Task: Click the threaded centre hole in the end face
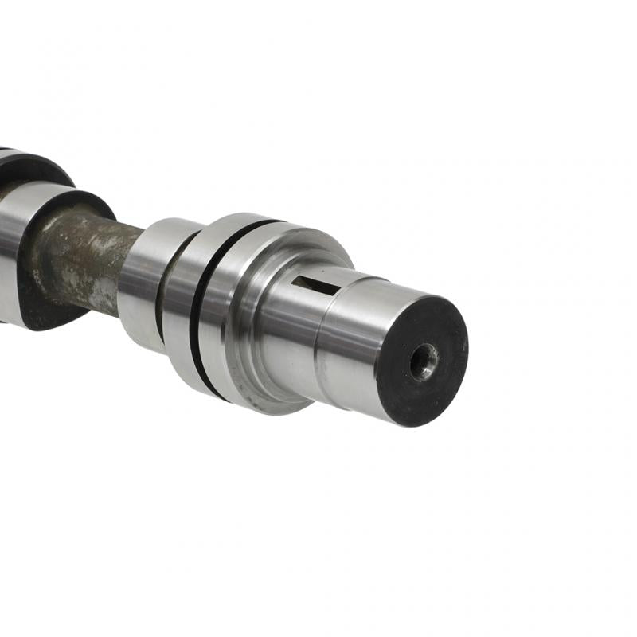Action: (423, 361)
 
